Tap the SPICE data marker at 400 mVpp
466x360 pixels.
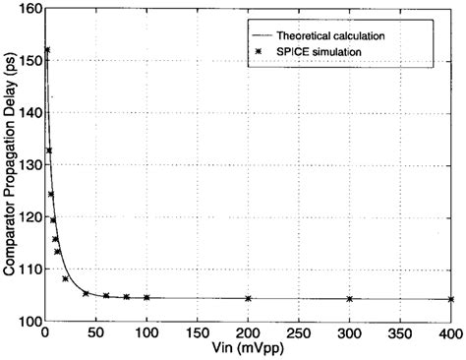click(450, 299)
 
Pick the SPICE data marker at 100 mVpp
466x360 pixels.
click(146, 297)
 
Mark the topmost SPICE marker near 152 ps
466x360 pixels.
click(46, 50)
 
